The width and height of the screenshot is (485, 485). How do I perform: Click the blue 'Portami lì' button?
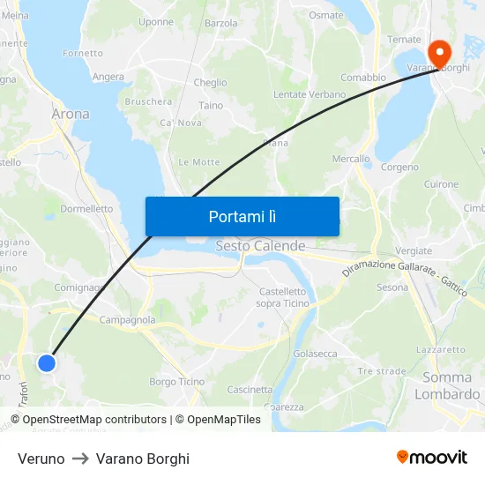pos(242,216)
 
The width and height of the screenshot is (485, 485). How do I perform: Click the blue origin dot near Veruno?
pos(47,362)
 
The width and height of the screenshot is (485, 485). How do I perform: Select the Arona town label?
pos(71,114)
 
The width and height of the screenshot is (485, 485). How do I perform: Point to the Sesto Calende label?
pos(260,246)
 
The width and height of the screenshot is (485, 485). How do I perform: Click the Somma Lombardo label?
pos(448,386)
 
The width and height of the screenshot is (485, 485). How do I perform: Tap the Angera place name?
pos(108,77)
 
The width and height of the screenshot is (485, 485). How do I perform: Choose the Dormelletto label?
pos(87,209)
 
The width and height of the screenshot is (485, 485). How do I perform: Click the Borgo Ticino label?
pos(176,382)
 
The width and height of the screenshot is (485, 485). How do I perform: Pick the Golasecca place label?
pos(315,354)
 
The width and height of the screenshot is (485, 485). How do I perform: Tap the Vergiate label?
pos(414,251)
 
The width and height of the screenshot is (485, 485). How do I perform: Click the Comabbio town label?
pos(363,78)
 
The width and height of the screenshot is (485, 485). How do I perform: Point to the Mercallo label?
pos(351,160)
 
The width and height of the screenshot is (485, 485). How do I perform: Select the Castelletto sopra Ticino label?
pos(282,297)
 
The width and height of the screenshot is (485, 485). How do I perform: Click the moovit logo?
pos(432,457)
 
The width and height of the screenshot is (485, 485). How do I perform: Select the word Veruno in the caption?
pos(41,459)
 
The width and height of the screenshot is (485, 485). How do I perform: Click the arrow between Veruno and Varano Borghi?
pos(80,459)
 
